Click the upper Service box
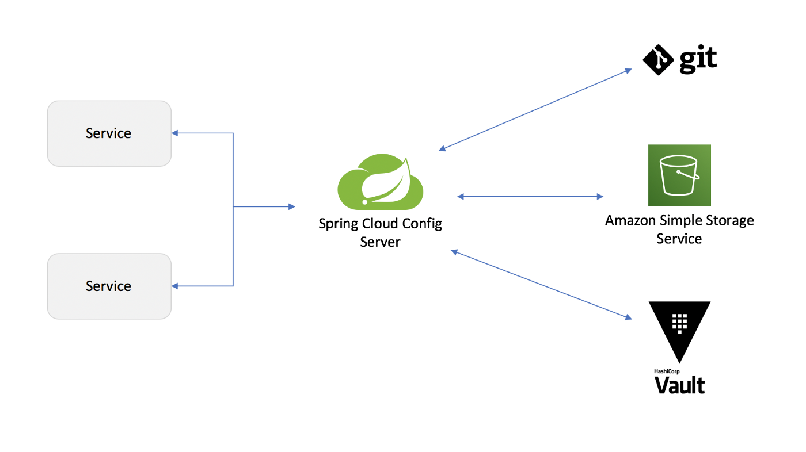click(x=109, y=133)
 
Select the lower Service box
click(x=109, y=286)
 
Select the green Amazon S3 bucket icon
click(x=679, y=175)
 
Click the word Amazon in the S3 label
click(x=630, y=220)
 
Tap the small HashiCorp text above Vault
click(x=667, y=371)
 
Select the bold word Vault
click(x=680, y=385)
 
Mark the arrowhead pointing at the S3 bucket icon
click(x=600, y=197)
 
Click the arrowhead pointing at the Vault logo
click(x=628, y=317)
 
